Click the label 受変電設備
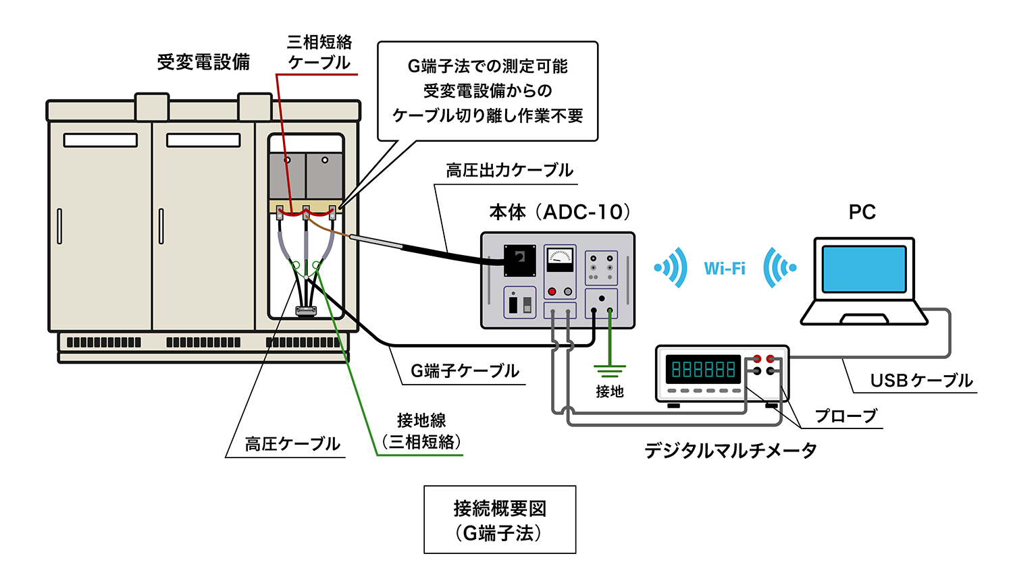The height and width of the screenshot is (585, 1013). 203,62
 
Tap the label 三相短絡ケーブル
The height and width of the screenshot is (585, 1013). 319,53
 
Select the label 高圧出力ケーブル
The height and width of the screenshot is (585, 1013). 509,171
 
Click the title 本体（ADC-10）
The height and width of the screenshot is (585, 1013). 560,212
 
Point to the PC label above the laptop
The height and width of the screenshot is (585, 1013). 862,212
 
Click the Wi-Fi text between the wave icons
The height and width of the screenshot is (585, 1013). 725,269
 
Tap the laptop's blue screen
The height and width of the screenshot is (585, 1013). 864,269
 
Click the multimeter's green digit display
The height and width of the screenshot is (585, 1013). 703,369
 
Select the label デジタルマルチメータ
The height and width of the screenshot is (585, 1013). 730,450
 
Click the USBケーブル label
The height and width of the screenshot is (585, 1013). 921,381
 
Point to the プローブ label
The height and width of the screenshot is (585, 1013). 846,416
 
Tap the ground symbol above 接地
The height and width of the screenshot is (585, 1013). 609,370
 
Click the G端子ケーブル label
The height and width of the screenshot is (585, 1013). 465,371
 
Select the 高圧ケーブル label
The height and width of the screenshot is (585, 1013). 292,444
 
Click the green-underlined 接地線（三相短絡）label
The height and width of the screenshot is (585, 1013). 421,431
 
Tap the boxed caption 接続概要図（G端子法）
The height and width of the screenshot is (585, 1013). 500,520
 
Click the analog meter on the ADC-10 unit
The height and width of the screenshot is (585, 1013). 560,258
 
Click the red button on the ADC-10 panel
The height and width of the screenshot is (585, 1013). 552,291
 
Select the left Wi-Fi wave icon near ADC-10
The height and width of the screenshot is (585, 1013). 671,268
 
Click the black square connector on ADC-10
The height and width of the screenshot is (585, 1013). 520,260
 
